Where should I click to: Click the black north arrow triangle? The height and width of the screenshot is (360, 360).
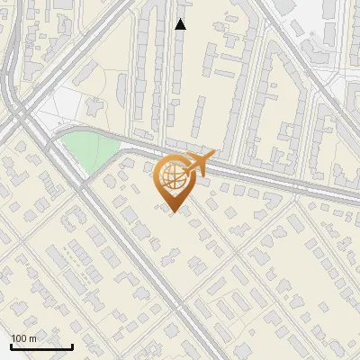[180, 24]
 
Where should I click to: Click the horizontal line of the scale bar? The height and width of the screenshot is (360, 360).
[41, 346]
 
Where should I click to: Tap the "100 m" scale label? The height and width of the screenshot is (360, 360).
[23, 338]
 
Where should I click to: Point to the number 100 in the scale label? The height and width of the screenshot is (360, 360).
[19, 338]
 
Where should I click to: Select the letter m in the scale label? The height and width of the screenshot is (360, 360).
[32, 338]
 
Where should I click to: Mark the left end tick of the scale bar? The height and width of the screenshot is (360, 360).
[11, 345]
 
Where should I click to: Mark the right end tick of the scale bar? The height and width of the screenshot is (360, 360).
[72, 345]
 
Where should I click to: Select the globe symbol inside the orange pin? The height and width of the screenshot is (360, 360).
[173, 177]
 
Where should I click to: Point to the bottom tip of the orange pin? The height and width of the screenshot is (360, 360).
[173, 212]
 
